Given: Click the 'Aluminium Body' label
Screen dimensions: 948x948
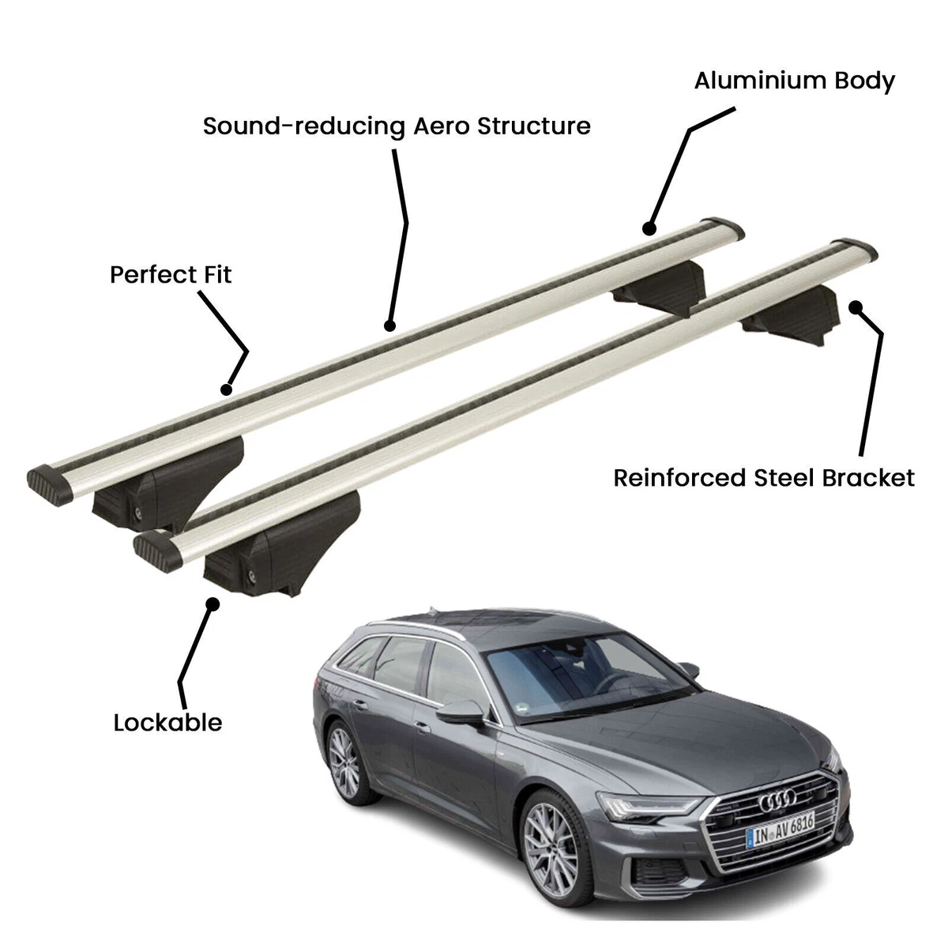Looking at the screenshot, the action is click(794, 81).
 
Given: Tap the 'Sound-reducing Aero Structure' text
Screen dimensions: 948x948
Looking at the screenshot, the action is click(397, 126).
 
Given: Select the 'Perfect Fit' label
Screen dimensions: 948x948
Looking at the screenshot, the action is click(171, 274).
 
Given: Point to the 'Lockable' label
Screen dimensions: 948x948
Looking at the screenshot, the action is click(167, 723).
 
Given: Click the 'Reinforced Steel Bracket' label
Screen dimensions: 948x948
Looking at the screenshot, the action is click(764, 478).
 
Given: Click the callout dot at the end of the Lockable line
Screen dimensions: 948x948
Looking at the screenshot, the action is click(213, 604).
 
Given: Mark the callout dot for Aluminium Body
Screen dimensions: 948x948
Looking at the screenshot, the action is click(649, 228).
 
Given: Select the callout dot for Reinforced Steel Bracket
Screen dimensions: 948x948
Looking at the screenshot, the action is click(856, 307).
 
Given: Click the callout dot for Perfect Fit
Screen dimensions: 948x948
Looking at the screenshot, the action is click(226, 389).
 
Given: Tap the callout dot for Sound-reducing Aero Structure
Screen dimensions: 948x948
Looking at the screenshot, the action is click(389, 325).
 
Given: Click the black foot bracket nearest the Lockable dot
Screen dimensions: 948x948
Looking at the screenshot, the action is click(280, 544).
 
